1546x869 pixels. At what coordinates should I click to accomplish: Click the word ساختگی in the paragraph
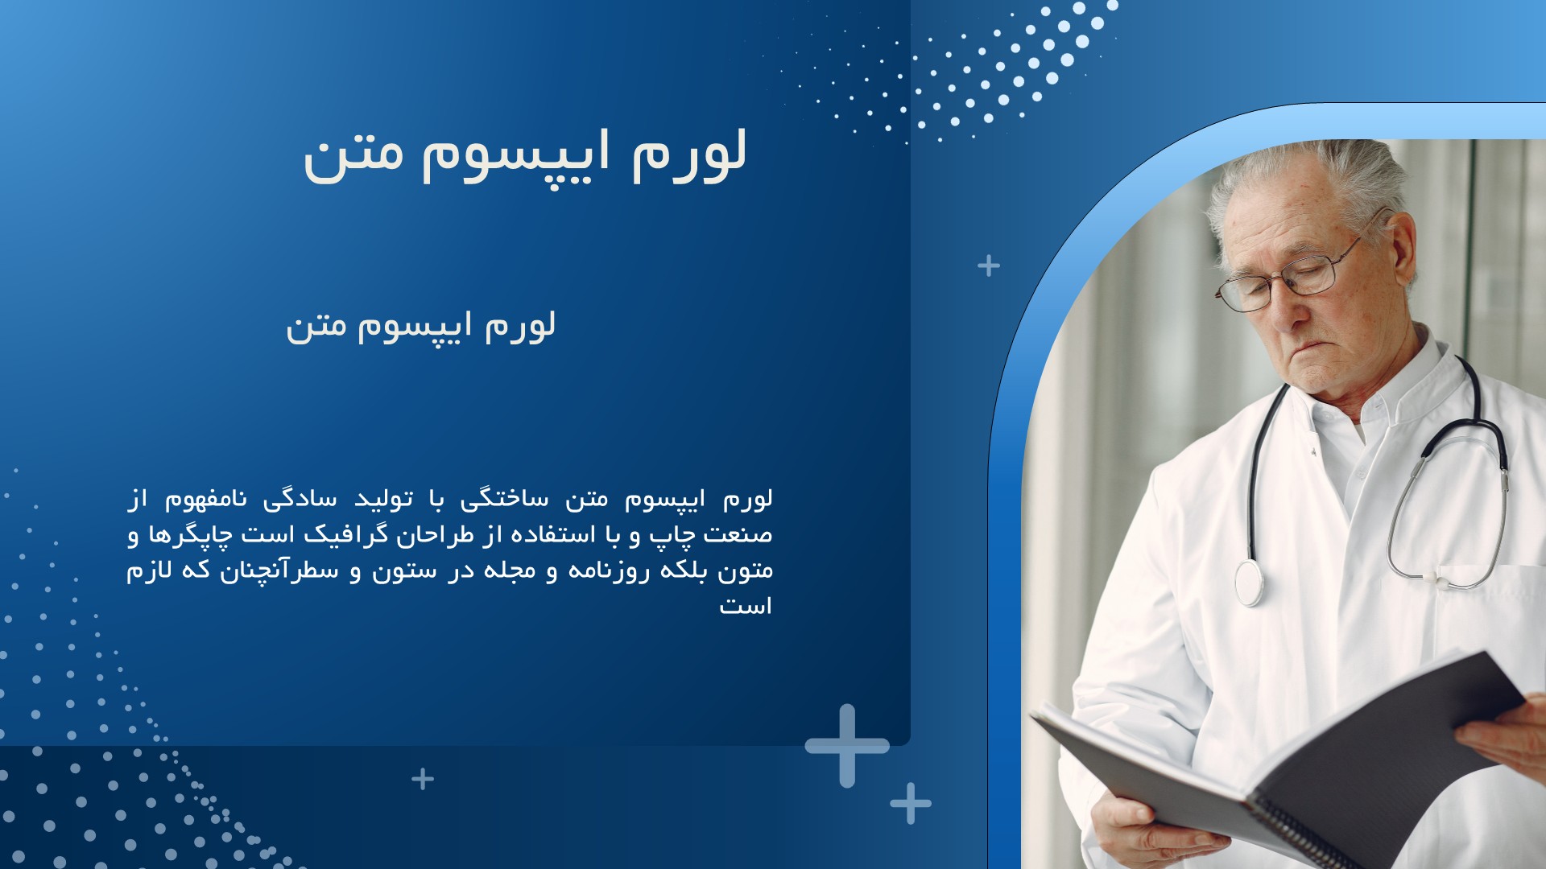click(x=504, y=500)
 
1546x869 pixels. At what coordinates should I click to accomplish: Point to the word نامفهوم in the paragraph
click(x=205, y=500)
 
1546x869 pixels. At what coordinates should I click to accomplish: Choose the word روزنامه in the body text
click(x=609, y=570)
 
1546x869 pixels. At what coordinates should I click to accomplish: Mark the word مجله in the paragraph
click(x=509, y=570)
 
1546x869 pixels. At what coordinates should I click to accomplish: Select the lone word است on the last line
click(x=745, y=606)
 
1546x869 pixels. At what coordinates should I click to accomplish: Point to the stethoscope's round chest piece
click(x=1249, y=583)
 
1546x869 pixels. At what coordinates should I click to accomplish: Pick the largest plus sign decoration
click(x=847, y=746)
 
